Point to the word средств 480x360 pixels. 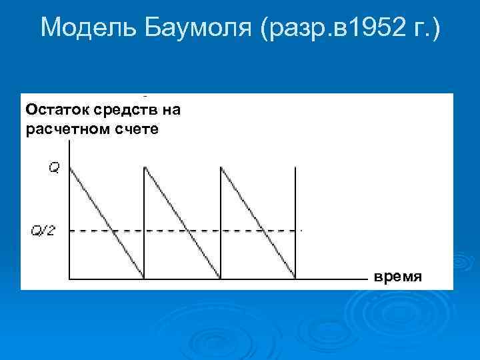point(116,108)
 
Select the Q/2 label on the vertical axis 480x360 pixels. point(45,231)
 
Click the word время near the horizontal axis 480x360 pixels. point(397,276)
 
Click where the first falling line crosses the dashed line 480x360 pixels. point(113,231)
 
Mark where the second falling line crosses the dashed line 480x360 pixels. point(189,231)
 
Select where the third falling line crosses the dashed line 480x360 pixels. point(264,231)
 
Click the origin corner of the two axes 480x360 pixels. point(70,279)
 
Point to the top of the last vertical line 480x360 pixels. point(295,167)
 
